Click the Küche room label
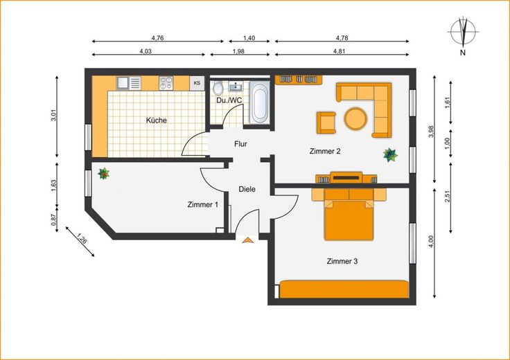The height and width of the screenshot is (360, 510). pyautogui.click(x=157, y=120)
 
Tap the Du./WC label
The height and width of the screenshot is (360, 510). pyautogui.click(x=229, y=100)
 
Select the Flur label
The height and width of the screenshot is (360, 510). pyautogui.click(x=240, y=143)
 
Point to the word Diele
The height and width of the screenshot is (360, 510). pyautogui.click(x=247, y=189)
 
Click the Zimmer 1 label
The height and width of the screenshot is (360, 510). pyautogui.click(x=202, y=205)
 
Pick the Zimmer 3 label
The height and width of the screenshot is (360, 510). pyautogui.click(x=342, y=261)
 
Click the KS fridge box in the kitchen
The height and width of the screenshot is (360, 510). pyautogui.click(x=197, y=83)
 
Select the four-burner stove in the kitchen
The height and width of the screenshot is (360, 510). pyautogui.click(x=166, y=83)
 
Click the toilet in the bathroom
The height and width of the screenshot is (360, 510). pyautogui.click(x=218, y=87)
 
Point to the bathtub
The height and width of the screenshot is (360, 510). pyautogui.click(x=260, y=102)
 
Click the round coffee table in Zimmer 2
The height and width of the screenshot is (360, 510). pyautogui.click(x=355, y=118)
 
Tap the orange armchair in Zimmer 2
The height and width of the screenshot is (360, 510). pyautogui.click(x=326, y=123)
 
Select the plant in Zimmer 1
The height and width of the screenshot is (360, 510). pyautogui.click(x=104, y=174)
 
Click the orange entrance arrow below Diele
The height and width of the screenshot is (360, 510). pyautogui.click(x=248, y=240)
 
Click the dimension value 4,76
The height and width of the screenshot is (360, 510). pyautogui.click(x=157, y=37)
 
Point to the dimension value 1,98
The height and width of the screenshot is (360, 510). pyautogui.click(x=239, y=51)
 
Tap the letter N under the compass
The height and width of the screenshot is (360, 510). pyautogui.click(x=463, y=53)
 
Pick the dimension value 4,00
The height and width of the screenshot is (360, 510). pyautogui.click(x=431, y=242)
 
